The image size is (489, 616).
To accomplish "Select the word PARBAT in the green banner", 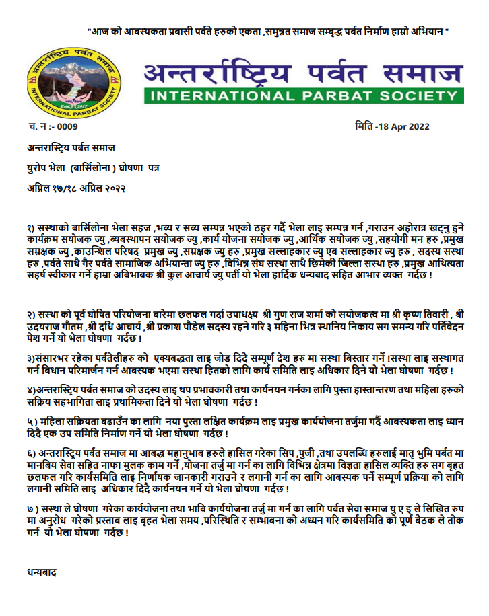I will pyautogui.click(x=337, y=95).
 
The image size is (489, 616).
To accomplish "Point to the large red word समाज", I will pyautogui.click(x=421, y=71).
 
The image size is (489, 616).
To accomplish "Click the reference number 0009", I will pyautogui.click(x=67, y=126).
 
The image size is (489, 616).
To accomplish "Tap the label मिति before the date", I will pyautogui.click(x=364, y=126).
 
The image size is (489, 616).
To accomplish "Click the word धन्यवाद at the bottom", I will pyautogui.click(x=40, y=572).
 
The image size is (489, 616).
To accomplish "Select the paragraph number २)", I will pyautogui.click(x=31, y=315).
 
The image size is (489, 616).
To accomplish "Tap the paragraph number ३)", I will pyautogui.click(x=31, y=357).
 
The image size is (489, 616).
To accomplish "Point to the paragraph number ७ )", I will pyautogui.click(x=32, y=509).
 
